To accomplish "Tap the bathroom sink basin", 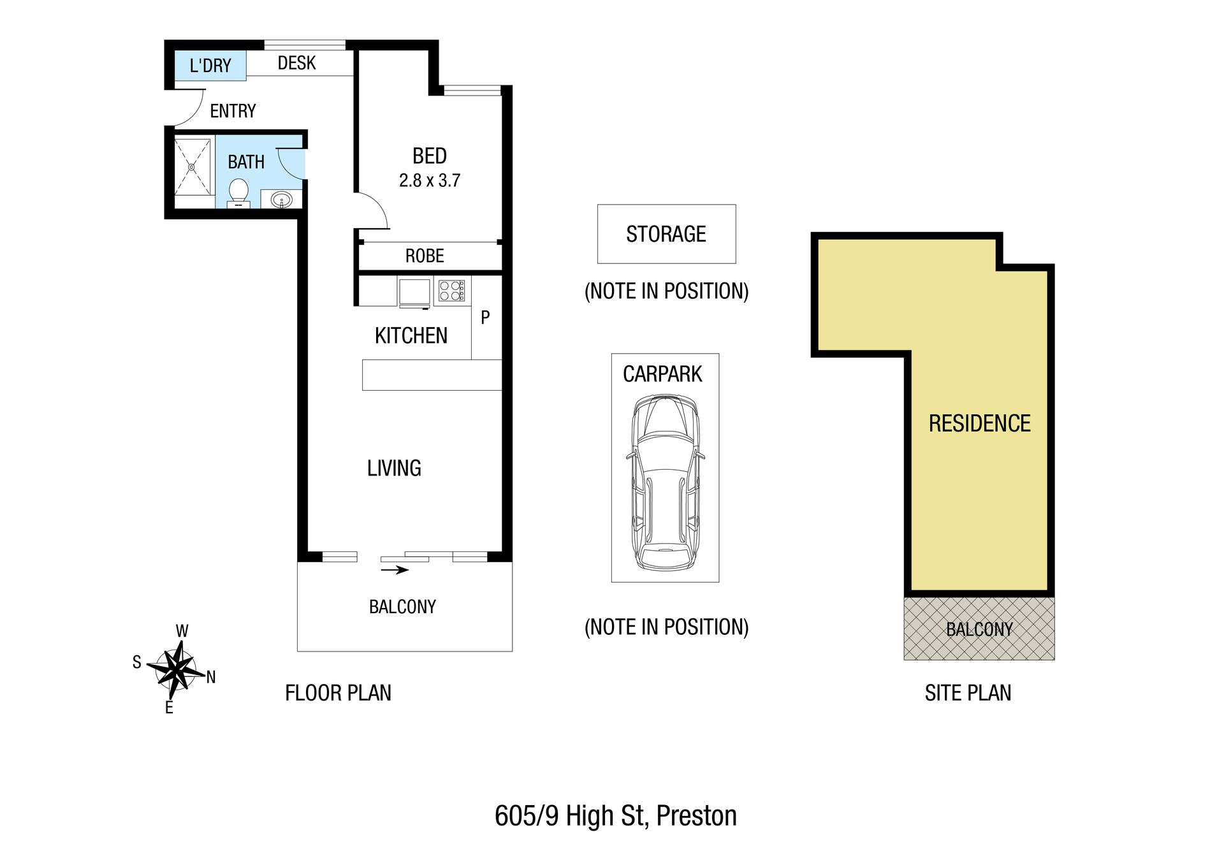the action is pyautogui.click(x=281, y=201).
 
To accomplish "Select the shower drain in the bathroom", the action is pyautogui.click(x=192, y=167).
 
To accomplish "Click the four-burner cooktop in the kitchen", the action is pyautogui.click(x=451, y=291).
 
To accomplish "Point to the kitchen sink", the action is pyautogui.click(x=414, y=293).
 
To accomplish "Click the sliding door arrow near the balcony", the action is pyautogui.click(x=395, y=570).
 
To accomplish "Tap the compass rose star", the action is pyautogui.click(x=176, y=670).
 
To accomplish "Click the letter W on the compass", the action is pyautogui.click(x=182, y=631).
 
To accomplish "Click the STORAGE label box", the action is pyautogui.click(x=666, y=234).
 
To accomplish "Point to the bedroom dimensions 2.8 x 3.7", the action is pyautogui.click(x=430, y=180).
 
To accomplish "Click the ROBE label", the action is pyautogui.click(x=425, y=256).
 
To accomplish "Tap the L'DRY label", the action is pyautogui.click(x=210, y=66).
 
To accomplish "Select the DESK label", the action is pyautogui.click(x=297, y=63).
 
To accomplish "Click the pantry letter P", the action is pyautogui.click(x=485, y=317).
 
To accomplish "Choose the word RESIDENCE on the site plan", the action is pyautogui.click(x=980, y=423).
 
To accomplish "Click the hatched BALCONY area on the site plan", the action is pyautogui.click(x=979, y=629).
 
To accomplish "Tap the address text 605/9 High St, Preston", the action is pyautogui.click(x=616, y=816).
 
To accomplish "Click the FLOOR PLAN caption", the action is pyautogui.click(x=338, y=693).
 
